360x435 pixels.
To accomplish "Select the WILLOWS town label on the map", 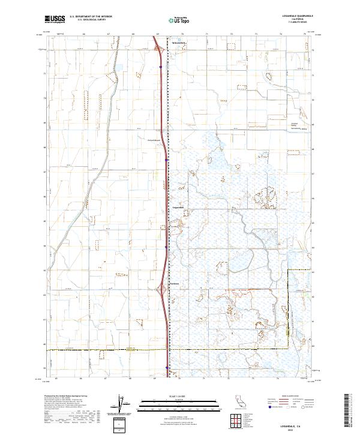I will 179,44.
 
